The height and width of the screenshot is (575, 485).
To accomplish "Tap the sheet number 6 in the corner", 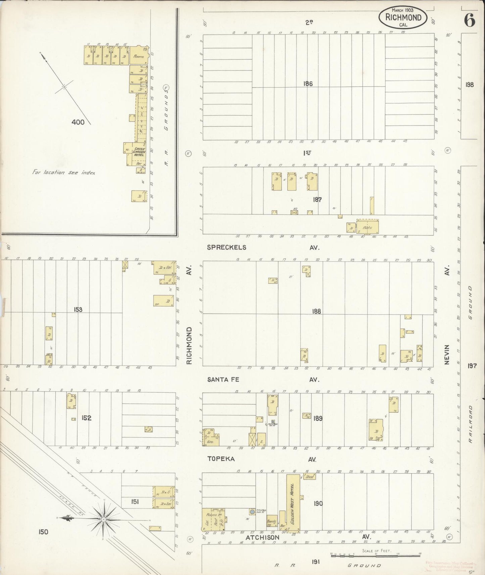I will (x=470, y=21).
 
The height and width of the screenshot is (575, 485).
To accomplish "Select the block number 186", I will (x=308, y=84).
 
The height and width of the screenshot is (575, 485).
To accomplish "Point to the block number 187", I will (x=317, y=200).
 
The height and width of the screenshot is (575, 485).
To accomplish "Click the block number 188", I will (x=316, y=311).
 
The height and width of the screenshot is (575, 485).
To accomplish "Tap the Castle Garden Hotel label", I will (x=139, y=152).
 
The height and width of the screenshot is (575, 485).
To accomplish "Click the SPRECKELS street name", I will (x=227, y=247).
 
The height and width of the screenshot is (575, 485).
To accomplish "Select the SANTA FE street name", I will (x=223, y=379).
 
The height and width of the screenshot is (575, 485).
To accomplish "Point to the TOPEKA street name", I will (x=221, y=459).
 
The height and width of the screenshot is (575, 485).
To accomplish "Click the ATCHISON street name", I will (x=262, y=537).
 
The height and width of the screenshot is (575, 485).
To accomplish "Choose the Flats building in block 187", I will (x=368, y=227).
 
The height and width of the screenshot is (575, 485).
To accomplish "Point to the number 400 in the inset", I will (x=78, y=122).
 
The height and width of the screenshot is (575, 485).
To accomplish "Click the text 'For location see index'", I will (x=64, y=172).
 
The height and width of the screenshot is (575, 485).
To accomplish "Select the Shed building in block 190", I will (x=309, y=476).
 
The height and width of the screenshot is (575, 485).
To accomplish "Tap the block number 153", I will (x=78, y=310).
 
